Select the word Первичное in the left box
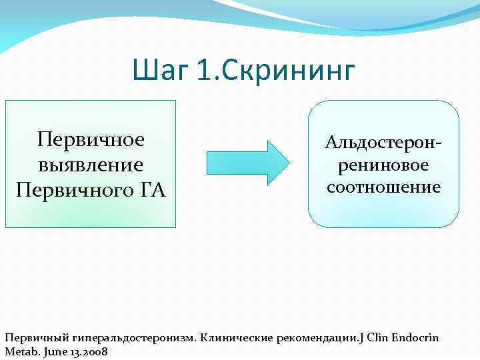point(91,141)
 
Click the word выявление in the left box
point(91,164)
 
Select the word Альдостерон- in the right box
point(384,142)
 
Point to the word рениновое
point(384,164)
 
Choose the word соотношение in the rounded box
point(384,187)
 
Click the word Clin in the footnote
point(377,337)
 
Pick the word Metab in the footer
point(19,351)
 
